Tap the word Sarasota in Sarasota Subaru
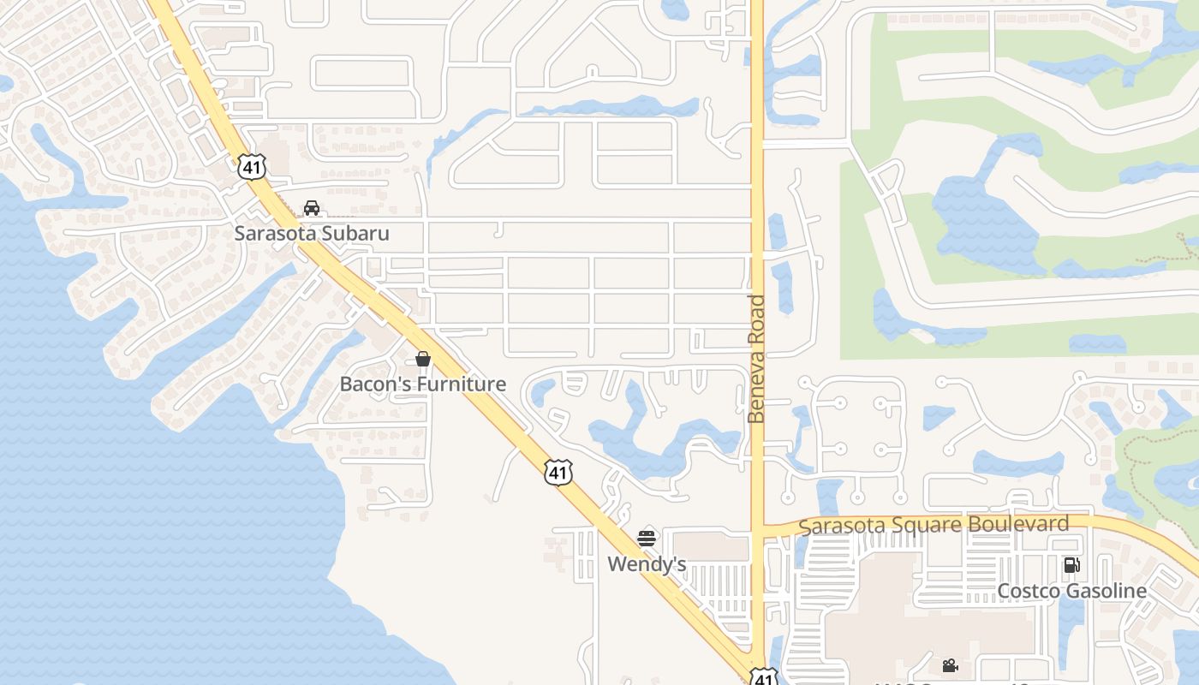(x=275, y=233)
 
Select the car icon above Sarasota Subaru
(x=312, y=208)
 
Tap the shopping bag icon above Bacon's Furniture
(x=423, y=359)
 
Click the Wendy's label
(x=647, y=564)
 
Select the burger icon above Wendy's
(x=647, y=539)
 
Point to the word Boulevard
(x=1018, y=523)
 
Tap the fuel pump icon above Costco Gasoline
(x=1071, y=565)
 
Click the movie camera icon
(x=950, y=665)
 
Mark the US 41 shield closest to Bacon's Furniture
(x=558, y=473)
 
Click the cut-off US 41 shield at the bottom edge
(x=765, y=677)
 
